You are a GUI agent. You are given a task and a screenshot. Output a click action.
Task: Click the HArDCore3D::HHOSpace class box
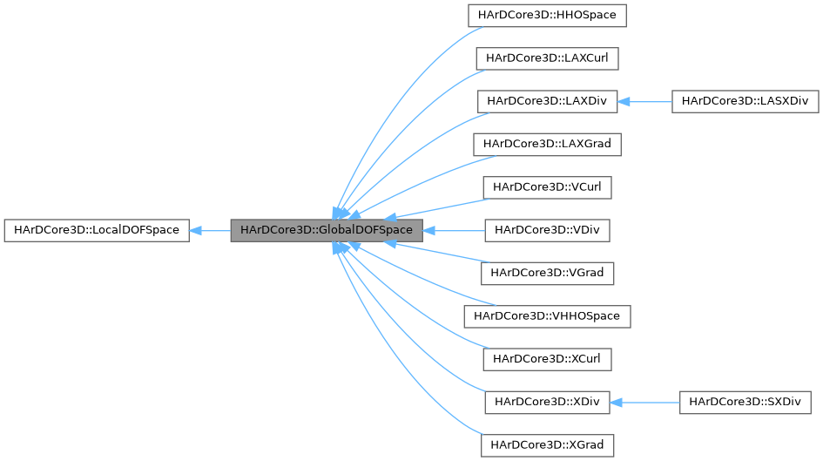(x=547, y=16)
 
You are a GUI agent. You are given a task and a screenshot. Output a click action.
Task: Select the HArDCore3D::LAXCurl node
(x=547, y=58)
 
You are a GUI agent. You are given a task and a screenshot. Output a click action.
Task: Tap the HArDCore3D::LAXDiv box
(x=547, y=101)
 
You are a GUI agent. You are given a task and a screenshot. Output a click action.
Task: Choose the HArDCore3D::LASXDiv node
(x=745, y=101)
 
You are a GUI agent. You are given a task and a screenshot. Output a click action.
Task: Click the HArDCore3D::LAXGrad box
(x=547, y=144)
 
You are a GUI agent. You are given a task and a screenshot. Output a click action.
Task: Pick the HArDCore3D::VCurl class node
(x=547, y=186)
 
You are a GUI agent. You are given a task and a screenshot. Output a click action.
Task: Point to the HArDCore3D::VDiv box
(x=547, y=230)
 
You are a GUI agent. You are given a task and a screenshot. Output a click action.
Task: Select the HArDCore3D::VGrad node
(x=547, y=273)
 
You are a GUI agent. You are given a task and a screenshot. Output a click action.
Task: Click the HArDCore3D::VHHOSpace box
(x=547, y=315)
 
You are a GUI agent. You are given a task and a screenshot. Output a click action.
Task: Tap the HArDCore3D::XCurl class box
(x=547, y=358)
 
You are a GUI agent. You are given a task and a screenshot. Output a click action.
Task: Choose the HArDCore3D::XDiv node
(x=547, y=402)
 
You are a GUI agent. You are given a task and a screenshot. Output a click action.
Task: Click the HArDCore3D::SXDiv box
(x=745, y=402)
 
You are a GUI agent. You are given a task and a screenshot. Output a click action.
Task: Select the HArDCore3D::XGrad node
(x=547, y=444)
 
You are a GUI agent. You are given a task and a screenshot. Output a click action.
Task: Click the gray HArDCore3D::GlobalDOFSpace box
(x=327, y=230)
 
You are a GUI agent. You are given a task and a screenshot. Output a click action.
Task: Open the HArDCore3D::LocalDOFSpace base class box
(x=96, y=230)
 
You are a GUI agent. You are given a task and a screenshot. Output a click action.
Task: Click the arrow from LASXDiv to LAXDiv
(x=644, y=101)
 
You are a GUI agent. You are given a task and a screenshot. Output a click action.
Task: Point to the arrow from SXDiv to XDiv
(x=644, y=402)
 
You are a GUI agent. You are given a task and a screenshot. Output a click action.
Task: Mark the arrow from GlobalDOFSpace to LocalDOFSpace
(x=209, y=230)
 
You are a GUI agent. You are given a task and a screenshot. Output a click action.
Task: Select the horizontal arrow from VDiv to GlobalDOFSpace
(x=454, y=230)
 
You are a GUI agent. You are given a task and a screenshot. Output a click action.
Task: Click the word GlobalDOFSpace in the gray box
(x=366, y=230)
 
